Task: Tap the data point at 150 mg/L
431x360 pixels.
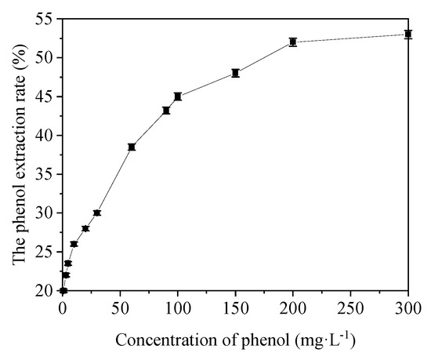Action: pyautogui.click(x=235, y=73)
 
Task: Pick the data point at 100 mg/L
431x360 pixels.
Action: pyautogui.click(x=178, y=96)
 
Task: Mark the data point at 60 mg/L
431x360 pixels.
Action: pyautogui.click(x=132, y=147)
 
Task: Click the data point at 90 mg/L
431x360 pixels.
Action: pyautogui.click(x=166, y=111)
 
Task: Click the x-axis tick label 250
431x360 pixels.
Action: pyautogui.click(x=350, y=307)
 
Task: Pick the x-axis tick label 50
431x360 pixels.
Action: pyautogui.click(x=120, y=307)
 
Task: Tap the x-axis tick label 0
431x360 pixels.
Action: pyautogui.click(x=63, y=307)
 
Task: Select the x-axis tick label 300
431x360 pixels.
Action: pyautogui.click(x=408, y=307)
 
